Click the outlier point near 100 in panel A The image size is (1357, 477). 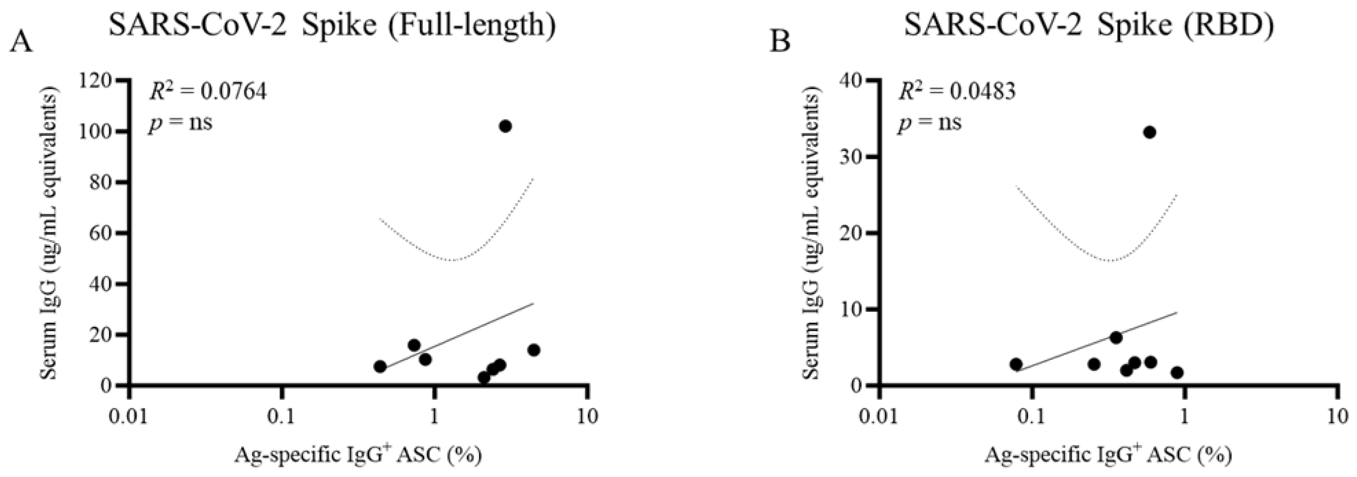point(505,126)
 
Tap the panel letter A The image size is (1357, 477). point(21,42)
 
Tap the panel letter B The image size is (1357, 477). point(780,42)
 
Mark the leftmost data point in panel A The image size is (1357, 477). point(380,366)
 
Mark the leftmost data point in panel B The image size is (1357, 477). point(1016,364)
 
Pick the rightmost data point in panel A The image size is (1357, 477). point(534,350)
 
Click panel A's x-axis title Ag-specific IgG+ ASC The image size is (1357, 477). point(358,455)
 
